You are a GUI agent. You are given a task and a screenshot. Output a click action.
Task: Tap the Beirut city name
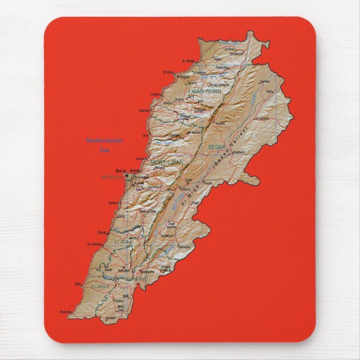click(120, 171)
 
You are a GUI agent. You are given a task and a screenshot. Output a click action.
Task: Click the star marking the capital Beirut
click(127, 176)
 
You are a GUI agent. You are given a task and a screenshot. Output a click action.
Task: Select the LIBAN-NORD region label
click(205, 91)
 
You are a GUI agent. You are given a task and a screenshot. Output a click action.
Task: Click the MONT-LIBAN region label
click(167, 162)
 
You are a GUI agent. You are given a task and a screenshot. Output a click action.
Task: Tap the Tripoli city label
click(184, 77)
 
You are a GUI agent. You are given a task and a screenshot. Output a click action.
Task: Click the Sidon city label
click(102, 231)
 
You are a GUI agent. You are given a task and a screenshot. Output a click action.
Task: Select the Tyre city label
click(78, 283)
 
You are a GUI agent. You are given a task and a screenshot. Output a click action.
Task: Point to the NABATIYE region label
click(136, 278)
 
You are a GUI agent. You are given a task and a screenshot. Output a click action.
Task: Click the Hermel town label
click(265, 82)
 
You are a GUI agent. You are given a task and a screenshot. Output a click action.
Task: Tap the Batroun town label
click(145, 111)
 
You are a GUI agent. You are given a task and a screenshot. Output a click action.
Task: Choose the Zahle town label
click(188, 180)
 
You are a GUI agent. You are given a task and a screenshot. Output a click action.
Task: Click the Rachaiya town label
click(184, 247)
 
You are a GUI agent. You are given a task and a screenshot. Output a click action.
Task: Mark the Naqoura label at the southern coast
click(65, 311)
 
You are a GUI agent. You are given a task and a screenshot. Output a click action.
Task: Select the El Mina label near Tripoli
click(168, 72)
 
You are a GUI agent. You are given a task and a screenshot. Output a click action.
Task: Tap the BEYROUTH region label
click(111, 177)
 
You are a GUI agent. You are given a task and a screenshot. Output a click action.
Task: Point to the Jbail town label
click(145, 135)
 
